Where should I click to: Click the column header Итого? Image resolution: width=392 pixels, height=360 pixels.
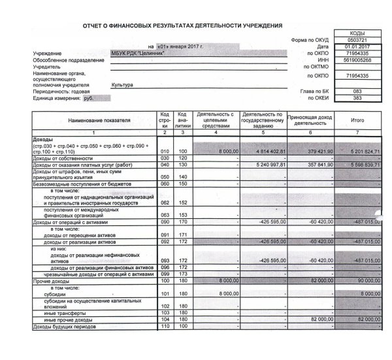[357, 120]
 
